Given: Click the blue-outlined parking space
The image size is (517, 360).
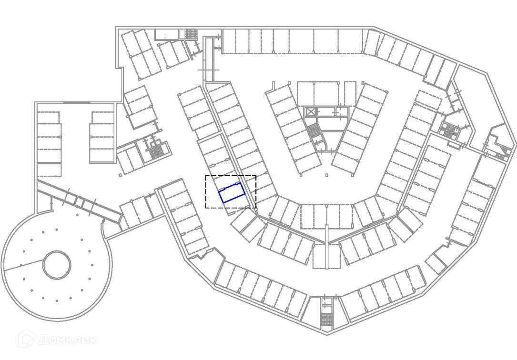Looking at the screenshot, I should click(x=232, y=193).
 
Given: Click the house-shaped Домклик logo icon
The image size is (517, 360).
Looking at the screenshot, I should click(x=27, y=339).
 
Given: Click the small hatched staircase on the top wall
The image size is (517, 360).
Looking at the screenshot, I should click(x=191, y=34).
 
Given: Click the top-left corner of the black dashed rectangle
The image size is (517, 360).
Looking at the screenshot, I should click(x=206, y=176).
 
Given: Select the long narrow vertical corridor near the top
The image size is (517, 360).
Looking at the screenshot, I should click(x=208, y=60).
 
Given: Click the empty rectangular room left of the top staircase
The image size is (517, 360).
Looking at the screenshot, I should click(x=166, y=34).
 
